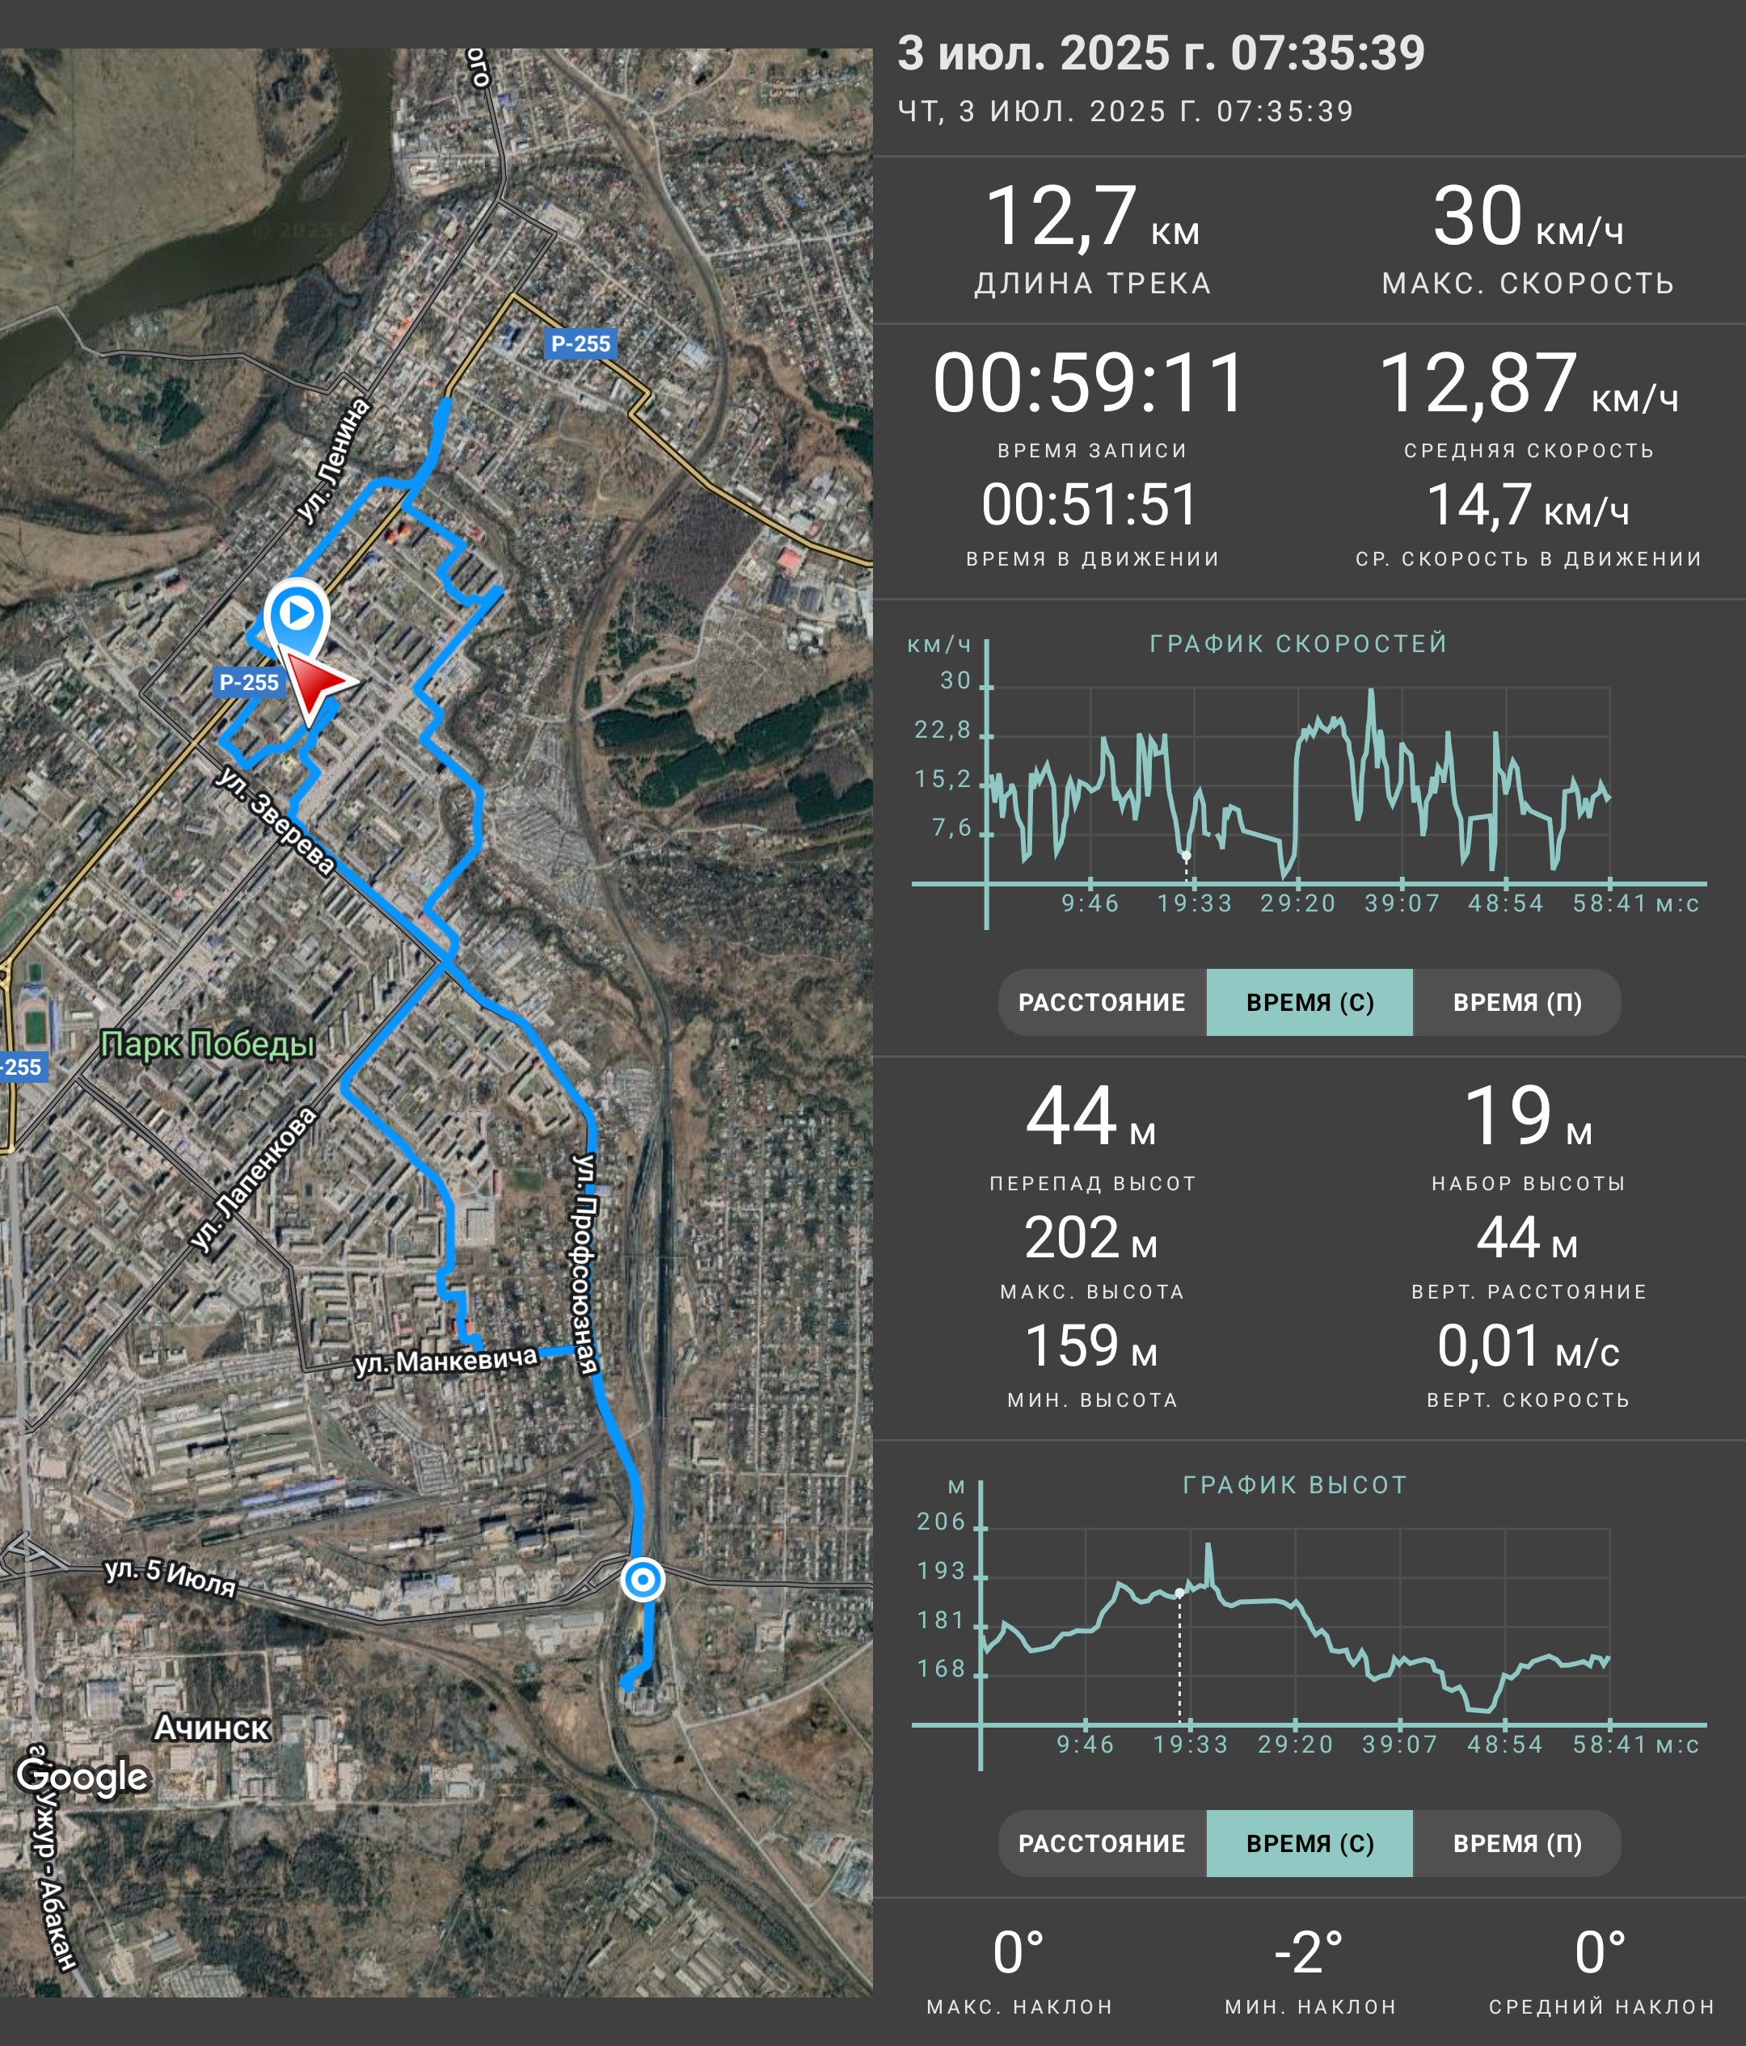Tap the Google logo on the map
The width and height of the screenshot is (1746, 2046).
point(83,1774)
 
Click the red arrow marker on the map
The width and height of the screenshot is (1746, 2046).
point(316,684)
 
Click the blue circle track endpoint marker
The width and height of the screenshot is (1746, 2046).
point(643,1579)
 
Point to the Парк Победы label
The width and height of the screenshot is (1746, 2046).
point(208,1044)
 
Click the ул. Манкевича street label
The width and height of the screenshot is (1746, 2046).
point(446,1361)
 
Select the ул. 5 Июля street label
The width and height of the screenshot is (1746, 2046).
point(171,1577)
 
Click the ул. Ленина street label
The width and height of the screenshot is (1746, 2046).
point(334,460)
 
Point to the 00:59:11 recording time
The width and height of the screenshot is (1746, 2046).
point(1090,383)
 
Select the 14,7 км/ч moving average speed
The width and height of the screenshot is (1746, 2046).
point(1528,506)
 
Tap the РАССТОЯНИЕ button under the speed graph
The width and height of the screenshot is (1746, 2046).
point(1102,1002)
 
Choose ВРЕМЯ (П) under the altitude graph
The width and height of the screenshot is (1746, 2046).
point(1517,1843)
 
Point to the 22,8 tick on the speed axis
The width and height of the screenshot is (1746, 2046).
point(943,730)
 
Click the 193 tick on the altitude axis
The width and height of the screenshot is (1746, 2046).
point(941,1571)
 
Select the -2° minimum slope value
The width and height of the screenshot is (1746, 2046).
point(1309,1953)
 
